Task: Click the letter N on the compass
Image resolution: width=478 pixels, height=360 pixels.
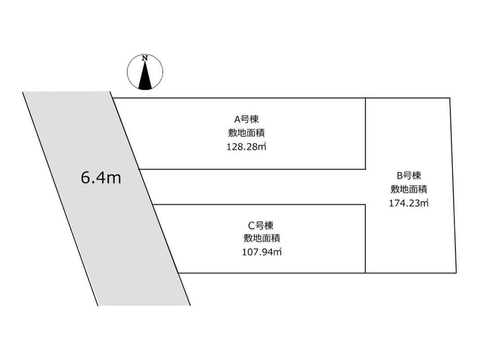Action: tap(145, 58)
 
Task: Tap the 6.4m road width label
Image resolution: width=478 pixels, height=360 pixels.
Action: tap(101, 178)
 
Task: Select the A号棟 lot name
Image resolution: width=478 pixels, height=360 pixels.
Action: tap(246, 119)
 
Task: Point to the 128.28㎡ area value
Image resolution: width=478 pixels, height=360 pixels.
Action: tap(246, 147)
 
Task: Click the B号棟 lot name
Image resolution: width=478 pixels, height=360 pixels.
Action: tap(409, 175)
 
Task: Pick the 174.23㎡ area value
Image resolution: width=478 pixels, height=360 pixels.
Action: tap(409, 203)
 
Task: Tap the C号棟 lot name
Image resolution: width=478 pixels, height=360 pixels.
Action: tap(261, 226)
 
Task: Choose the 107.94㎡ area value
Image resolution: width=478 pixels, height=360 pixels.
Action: tap(262, 252)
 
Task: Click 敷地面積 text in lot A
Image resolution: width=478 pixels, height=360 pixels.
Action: tap(246, 133)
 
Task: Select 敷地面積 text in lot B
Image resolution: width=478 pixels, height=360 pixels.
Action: tap(409, 189)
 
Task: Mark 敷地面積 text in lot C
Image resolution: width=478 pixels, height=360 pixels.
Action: tap(262, 238)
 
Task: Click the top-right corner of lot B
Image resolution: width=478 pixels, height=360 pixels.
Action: tap(450, 98)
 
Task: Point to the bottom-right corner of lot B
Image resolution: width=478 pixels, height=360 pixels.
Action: tap(456, 273)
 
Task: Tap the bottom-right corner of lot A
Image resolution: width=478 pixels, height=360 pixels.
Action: tap(366, 169)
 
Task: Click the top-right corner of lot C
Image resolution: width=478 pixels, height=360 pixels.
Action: tap(365, 204)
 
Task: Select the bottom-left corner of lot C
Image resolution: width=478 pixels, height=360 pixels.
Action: tap(178, 273)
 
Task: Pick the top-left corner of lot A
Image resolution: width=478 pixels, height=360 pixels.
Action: tap(113, 98)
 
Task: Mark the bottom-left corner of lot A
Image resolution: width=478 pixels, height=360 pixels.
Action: tap(139, 169)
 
